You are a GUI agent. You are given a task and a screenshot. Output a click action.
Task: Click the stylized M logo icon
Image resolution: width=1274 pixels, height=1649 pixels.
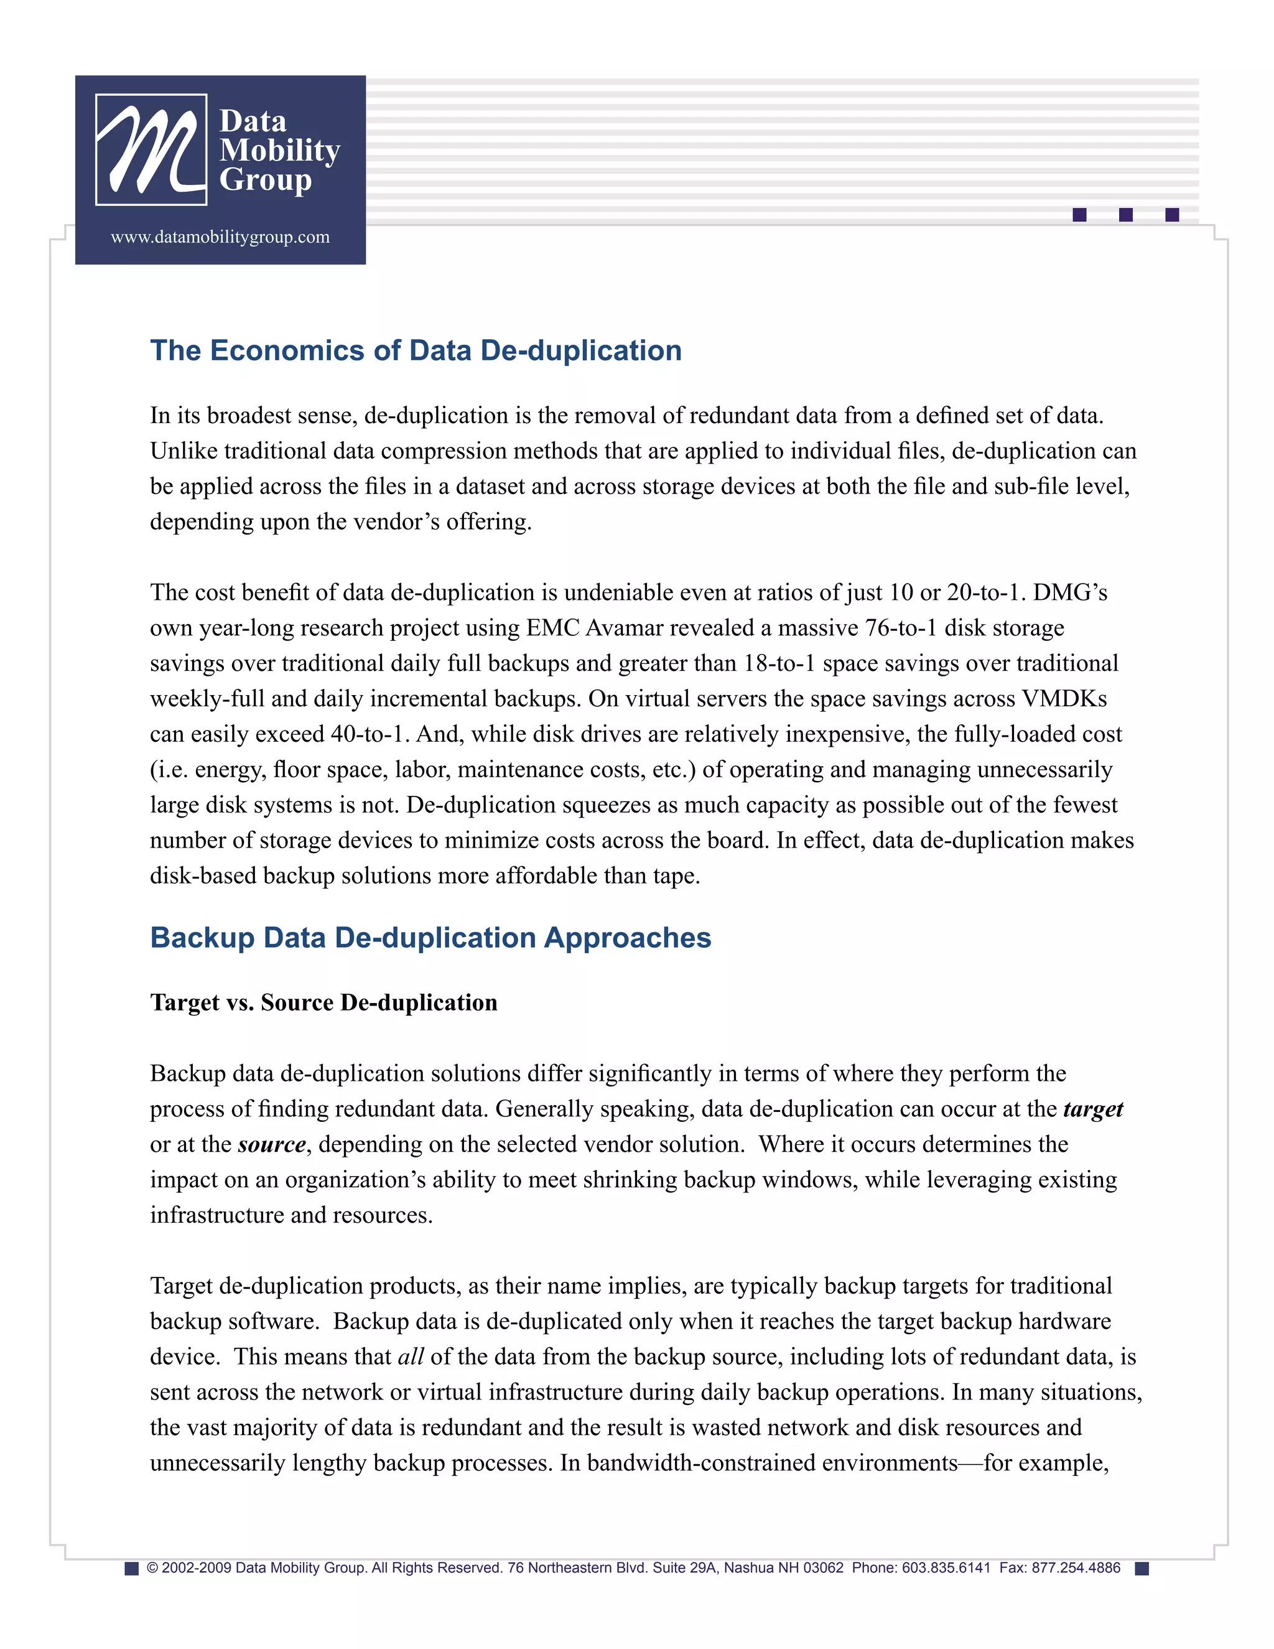151,149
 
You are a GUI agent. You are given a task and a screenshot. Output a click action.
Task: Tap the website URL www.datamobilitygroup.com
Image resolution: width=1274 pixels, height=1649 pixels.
220,237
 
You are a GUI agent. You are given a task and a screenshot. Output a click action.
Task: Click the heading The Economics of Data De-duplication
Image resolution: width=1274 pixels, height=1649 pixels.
416,351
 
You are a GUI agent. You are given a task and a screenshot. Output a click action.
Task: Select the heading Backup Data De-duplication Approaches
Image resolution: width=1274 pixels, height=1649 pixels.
430,938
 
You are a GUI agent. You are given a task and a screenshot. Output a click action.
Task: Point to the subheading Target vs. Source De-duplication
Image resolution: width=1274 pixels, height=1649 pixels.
323,1002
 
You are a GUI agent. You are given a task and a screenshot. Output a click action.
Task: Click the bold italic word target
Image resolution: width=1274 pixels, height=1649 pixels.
1093,1109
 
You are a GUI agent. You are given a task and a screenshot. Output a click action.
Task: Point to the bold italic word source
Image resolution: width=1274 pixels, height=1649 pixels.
272,1144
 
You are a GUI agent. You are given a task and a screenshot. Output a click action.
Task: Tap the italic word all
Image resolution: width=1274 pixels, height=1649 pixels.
411,1357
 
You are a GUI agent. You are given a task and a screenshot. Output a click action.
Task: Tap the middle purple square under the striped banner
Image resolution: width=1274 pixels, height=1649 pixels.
1125,215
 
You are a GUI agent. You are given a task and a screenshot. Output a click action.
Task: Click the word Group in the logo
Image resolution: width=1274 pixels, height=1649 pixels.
265,180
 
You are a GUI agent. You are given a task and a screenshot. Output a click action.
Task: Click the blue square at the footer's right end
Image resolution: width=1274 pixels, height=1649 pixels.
1142,1569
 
